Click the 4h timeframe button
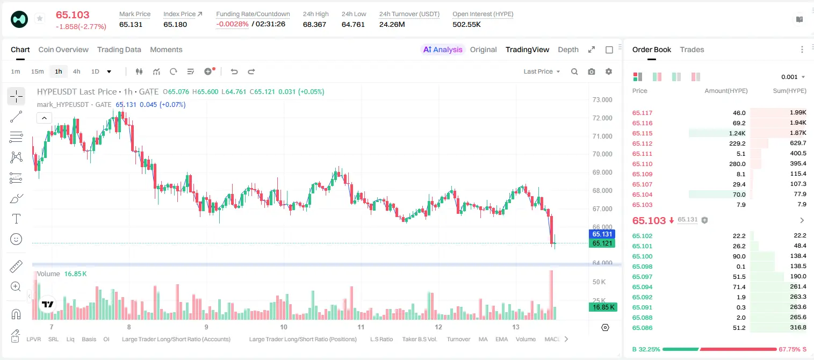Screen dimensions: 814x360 click(76, 71)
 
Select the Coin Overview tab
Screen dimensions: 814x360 click(63, 49)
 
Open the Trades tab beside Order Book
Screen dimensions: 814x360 click(692, 49)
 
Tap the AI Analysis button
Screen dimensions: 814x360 click(443, 49)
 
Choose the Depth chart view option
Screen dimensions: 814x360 click(568, 49)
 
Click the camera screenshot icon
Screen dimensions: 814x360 click(592, 71)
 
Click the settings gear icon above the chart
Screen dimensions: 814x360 click(609, 71)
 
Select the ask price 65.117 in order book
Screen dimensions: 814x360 click(642, 113)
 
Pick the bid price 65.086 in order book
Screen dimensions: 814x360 click(642, 328)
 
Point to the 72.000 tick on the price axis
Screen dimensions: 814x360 click(602, 118)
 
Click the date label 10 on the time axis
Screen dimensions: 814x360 click(284, 327)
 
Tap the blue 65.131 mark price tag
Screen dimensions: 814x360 click(602, 234)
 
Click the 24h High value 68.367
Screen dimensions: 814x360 click(314, 24)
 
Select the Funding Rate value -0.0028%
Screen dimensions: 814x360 click(232, 24)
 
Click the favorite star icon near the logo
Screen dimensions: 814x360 click(40, 18)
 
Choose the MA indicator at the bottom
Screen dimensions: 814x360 click(483, 339)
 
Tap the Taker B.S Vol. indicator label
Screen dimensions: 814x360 click(419, 339)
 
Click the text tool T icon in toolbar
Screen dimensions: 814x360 click(16, 219)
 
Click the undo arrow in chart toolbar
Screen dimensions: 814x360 click(234, 71)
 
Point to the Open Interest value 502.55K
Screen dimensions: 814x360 click(466, 24)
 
